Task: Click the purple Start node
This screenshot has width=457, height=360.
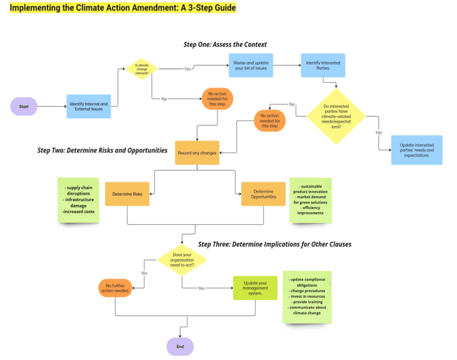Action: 24,106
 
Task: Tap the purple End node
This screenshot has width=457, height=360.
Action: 180,346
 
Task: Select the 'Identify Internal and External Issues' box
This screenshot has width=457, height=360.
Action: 89,106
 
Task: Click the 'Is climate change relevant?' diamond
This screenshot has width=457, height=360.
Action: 142,68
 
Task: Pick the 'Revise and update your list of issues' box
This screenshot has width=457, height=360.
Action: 251,65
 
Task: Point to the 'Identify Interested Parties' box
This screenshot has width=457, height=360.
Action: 323,65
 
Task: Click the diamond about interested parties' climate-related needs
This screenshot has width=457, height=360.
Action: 336,116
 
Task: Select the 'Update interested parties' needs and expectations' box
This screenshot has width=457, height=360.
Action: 416,150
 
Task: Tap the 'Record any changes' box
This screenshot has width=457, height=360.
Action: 197,153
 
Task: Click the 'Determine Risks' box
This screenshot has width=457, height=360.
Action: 127,194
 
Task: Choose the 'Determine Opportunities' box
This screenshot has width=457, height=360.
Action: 263,194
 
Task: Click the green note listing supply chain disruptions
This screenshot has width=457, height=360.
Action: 78,199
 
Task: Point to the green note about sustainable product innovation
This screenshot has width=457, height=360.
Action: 310,199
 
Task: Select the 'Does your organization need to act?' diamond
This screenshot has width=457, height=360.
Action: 181,260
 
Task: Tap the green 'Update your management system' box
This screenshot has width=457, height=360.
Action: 255,287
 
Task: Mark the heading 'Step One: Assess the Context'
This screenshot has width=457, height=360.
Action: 225,44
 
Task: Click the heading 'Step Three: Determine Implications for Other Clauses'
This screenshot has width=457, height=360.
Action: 274,244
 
